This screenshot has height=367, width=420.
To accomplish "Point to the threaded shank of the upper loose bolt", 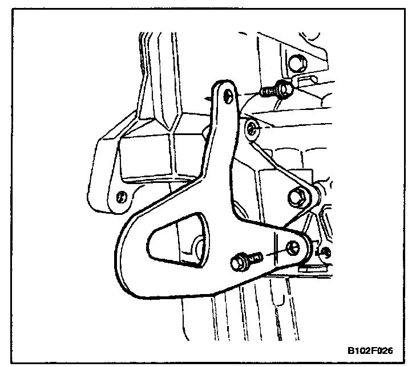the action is (x=267, y=91).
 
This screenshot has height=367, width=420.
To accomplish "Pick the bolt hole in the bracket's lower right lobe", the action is (x=293, y=247).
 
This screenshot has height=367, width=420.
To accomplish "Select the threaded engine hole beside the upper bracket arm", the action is (x=253, y=130).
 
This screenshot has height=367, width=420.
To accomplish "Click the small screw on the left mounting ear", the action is (x=120, y=197).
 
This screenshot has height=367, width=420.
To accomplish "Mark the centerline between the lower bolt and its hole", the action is (x=274, y=253).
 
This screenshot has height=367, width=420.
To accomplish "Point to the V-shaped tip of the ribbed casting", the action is (x=171, y=123).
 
